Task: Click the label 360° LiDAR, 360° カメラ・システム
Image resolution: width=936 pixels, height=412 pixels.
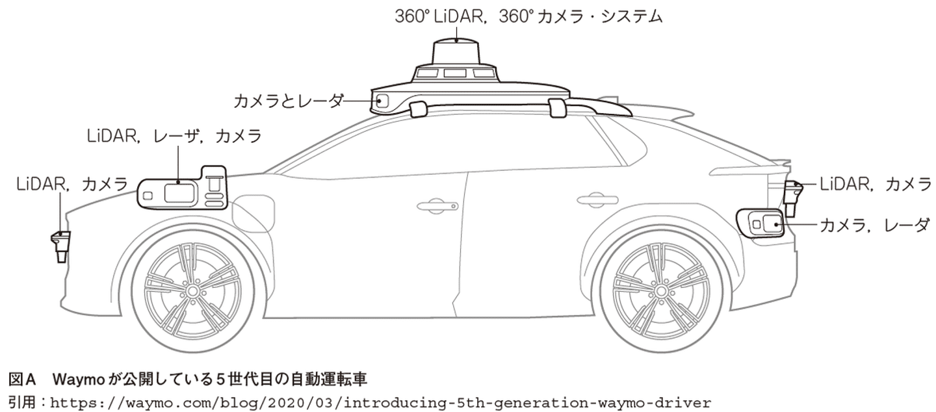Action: pyautogui.click(x=528, y=16)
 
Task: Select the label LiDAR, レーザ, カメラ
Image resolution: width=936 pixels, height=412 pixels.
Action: pyautogui.click(x=174, y=136)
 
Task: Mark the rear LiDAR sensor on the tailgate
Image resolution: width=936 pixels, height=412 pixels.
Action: pyautogui.click(x=792, y=198)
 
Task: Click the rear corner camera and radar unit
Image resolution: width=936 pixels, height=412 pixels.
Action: pyautogui.click(x=762, y=224)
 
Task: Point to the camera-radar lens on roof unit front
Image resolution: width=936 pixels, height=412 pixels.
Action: pyautogui.click(x=382, y=101)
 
